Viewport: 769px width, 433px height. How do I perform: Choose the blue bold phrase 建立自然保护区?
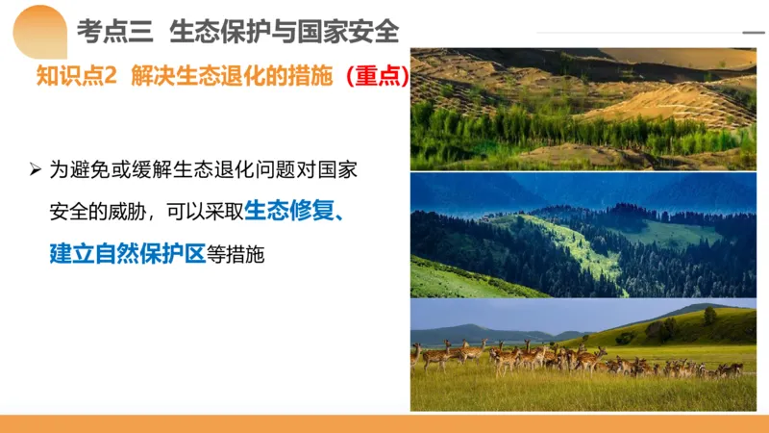coord(128,254)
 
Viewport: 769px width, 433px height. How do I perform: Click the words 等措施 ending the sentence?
coord(235,254)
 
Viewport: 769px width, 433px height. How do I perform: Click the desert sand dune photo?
coord(583,108)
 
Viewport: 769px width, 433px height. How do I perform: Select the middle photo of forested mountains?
coord(583,235)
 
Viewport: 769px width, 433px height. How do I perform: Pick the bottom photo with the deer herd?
coord(583,356)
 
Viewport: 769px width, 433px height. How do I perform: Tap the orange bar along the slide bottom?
coord(384,423)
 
